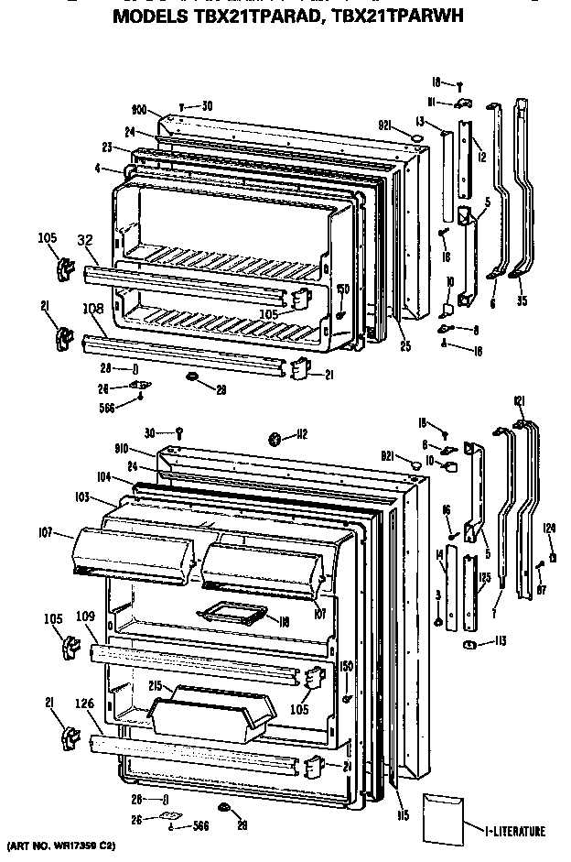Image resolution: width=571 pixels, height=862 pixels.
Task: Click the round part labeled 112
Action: pos(275,439)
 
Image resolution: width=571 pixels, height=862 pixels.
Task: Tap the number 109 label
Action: pos(85,616)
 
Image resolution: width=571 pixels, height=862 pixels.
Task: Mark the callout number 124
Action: pos(549,527)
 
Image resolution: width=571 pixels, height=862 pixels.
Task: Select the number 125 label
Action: pos(483,577)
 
